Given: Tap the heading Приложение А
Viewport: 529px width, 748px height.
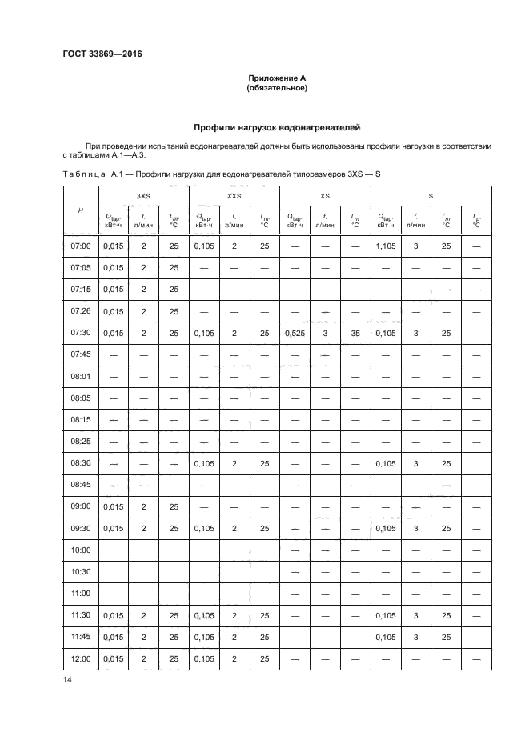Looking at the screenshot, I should (x=277, y=78).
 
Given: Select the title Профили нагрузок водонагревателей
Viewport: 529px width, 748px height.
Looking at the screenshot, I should (x=277, y=126).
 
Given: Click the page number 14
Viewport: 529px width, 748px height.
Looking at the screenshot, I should (x=67, y=679).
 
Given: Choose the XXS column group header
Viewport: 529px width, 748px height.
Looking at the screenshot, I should (x=234, y=195).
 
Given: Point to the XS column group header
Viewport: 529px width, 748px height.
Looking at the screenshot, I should (x=324, y=195).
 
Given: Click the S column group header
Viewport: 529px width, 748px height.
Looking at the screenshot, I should (x=431, y=195).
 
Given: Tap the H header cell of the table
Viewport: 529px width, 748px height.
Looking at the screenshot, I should (x=80, y=210).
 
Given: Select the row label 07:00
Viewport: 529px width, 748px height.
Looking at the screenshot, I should (x=81, y=246).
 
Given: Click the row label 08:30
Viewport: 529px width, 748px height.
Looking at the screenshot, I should (x=81, y=462).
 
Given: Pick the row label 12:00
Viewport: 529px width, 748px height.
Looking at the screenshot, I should (x=81, y=658).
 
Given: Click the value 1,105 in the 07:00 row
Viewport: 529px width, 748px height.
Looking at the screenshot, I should (x=387, y=246).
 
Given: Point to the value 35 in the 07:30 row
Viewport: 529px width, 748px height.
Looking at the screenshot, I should (x=355, y=333).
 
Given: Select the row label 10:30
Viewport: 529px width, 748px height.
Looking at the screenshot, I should (x=81, y=571).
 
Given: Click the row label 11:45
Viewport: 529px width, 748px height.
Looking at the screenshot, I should (x=81, y=637).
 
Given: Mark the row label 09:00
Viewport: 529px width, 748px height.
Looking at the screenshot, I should (x=81, y=506).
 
